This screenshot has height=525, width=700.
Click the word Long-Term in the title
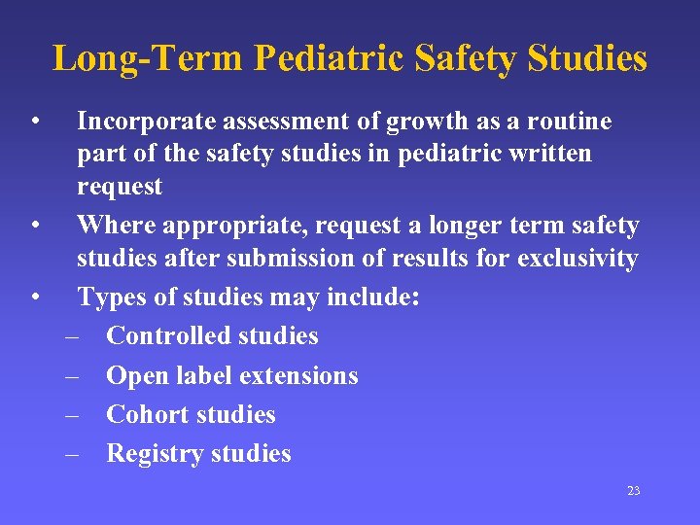click(149, 58)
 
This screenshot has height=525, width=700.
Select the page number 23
click(634, 491)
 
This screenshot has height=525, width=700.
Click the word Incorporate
click(147, 122)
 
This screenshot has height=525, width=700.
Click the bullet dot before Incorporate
click(34, 122)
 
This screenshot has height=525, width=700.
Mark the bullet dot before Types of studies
click(34, 297)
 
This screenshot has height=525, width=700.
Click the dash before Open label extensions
click(72, 376)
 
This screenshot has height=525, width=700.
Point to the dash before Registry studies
click(72, 454)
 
